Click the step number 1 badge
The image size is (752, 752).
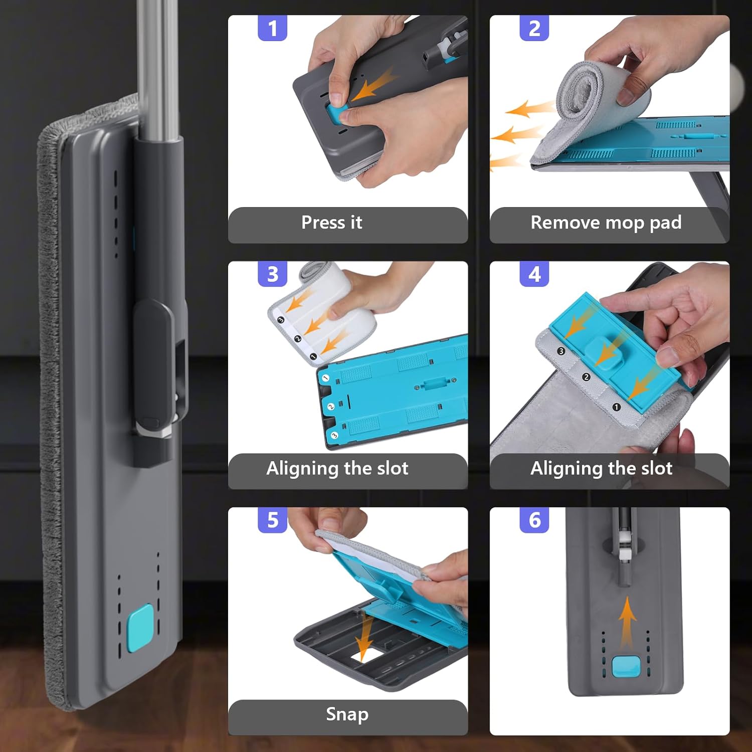272,28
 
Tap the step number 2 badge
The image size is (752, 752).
534,28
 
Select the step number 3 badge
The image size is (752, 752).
272,274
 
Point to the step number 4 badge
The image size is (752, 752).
534,274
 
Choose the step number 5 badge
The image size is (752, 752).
272,520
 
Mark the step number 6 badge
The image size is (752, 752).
534,520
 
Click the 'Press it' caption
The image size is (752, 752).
331,222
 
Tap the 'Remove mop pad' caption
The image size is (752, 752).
606,222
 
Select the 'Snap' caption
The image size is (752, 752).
347,714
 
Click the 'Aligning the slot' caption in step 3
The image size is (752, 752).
337,468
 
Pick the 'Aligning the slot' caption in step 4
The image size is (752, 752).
601,468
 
